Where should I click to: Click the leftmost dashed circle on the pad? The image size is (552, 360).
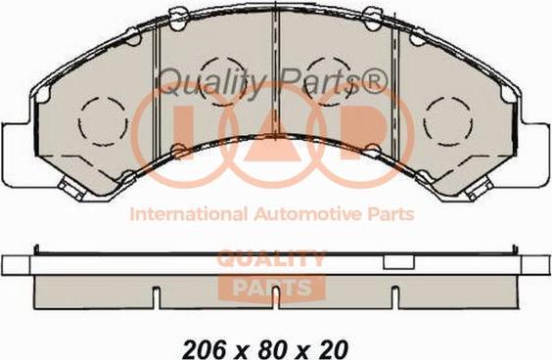pos(79,120)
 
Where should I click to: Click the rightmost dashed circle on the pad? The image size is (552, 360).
pos(424,120)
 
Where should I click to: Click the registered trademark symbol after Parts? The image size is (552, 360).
pos(374,81)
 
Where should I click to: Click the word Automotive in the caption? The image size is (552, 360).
pos(307,214)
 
